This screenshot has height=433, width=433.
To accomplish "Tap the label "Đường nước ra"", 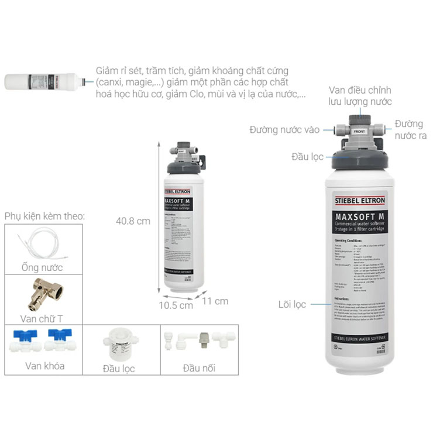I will (x=408, y=130).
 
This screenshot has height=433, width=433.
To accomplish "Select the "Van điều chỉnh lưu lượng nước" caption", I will (x=359, y=96).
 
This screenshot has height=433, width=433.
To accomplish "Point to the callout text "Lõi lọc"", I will (x=292, y=304).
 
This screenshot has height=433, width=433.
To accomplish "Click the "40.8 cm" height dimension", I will (x=133, y=221).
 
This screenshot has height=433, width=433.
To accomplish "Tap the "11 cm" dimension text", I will (x=215, y=301).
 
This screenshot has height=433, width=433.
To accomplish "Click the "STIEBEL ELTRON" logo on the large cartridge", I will (x=360, y=201).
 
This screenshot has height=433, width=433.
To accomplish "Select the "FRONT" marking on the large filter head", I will (x=359, y=132).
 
